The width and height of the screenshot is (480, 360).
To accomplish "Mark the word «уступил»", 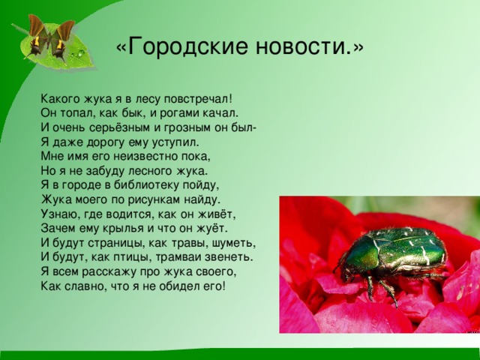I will [175, 141].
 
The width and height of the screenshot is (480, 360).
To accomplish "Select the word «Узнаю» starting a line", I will [59, 214].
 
